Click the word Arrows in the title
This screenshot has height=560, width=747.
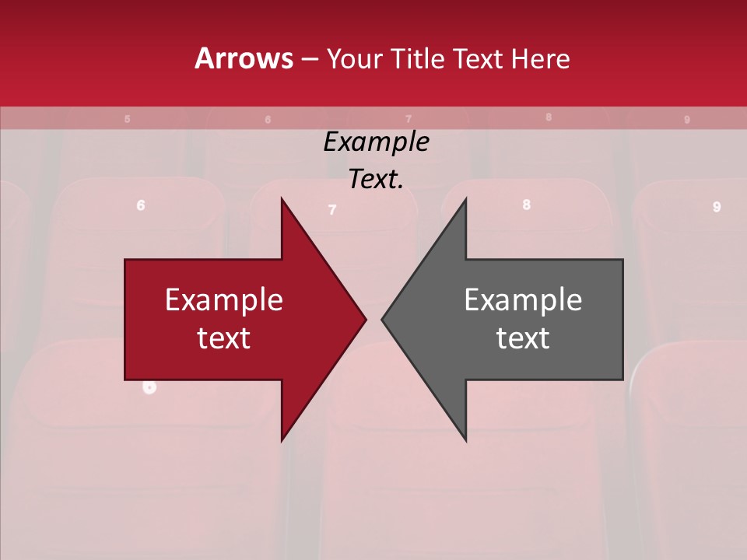tap(244, 58)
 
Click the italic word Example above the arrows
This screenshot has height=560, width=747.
tap(376, 142)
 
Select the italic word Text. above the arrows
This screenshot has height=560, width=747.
tap(376, 180)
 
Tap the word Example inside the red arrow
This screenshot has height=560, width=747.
tap(224, 300)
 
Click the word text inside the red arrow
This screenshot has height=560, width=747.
tap(224, 338)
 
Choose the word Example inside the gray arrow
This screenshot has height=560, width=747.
tap(523, 300)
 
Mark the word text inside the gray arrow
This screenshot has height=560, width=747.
tap(523, 338)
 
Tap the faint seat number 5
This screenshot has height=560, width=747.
tap(127, 119)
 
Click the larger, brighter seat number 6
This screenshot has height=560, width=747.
tap(141, 205)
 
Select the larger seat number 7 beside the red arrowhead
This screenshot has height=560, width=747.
tap(332, 210)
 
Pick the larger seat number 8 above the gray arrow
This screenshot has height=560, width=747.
tap(527, 205)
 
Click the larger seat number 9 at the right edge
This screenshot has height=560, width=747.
tap(717, 207)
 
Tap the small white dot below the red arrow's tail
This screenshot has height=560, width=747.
tap(150, 387)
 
